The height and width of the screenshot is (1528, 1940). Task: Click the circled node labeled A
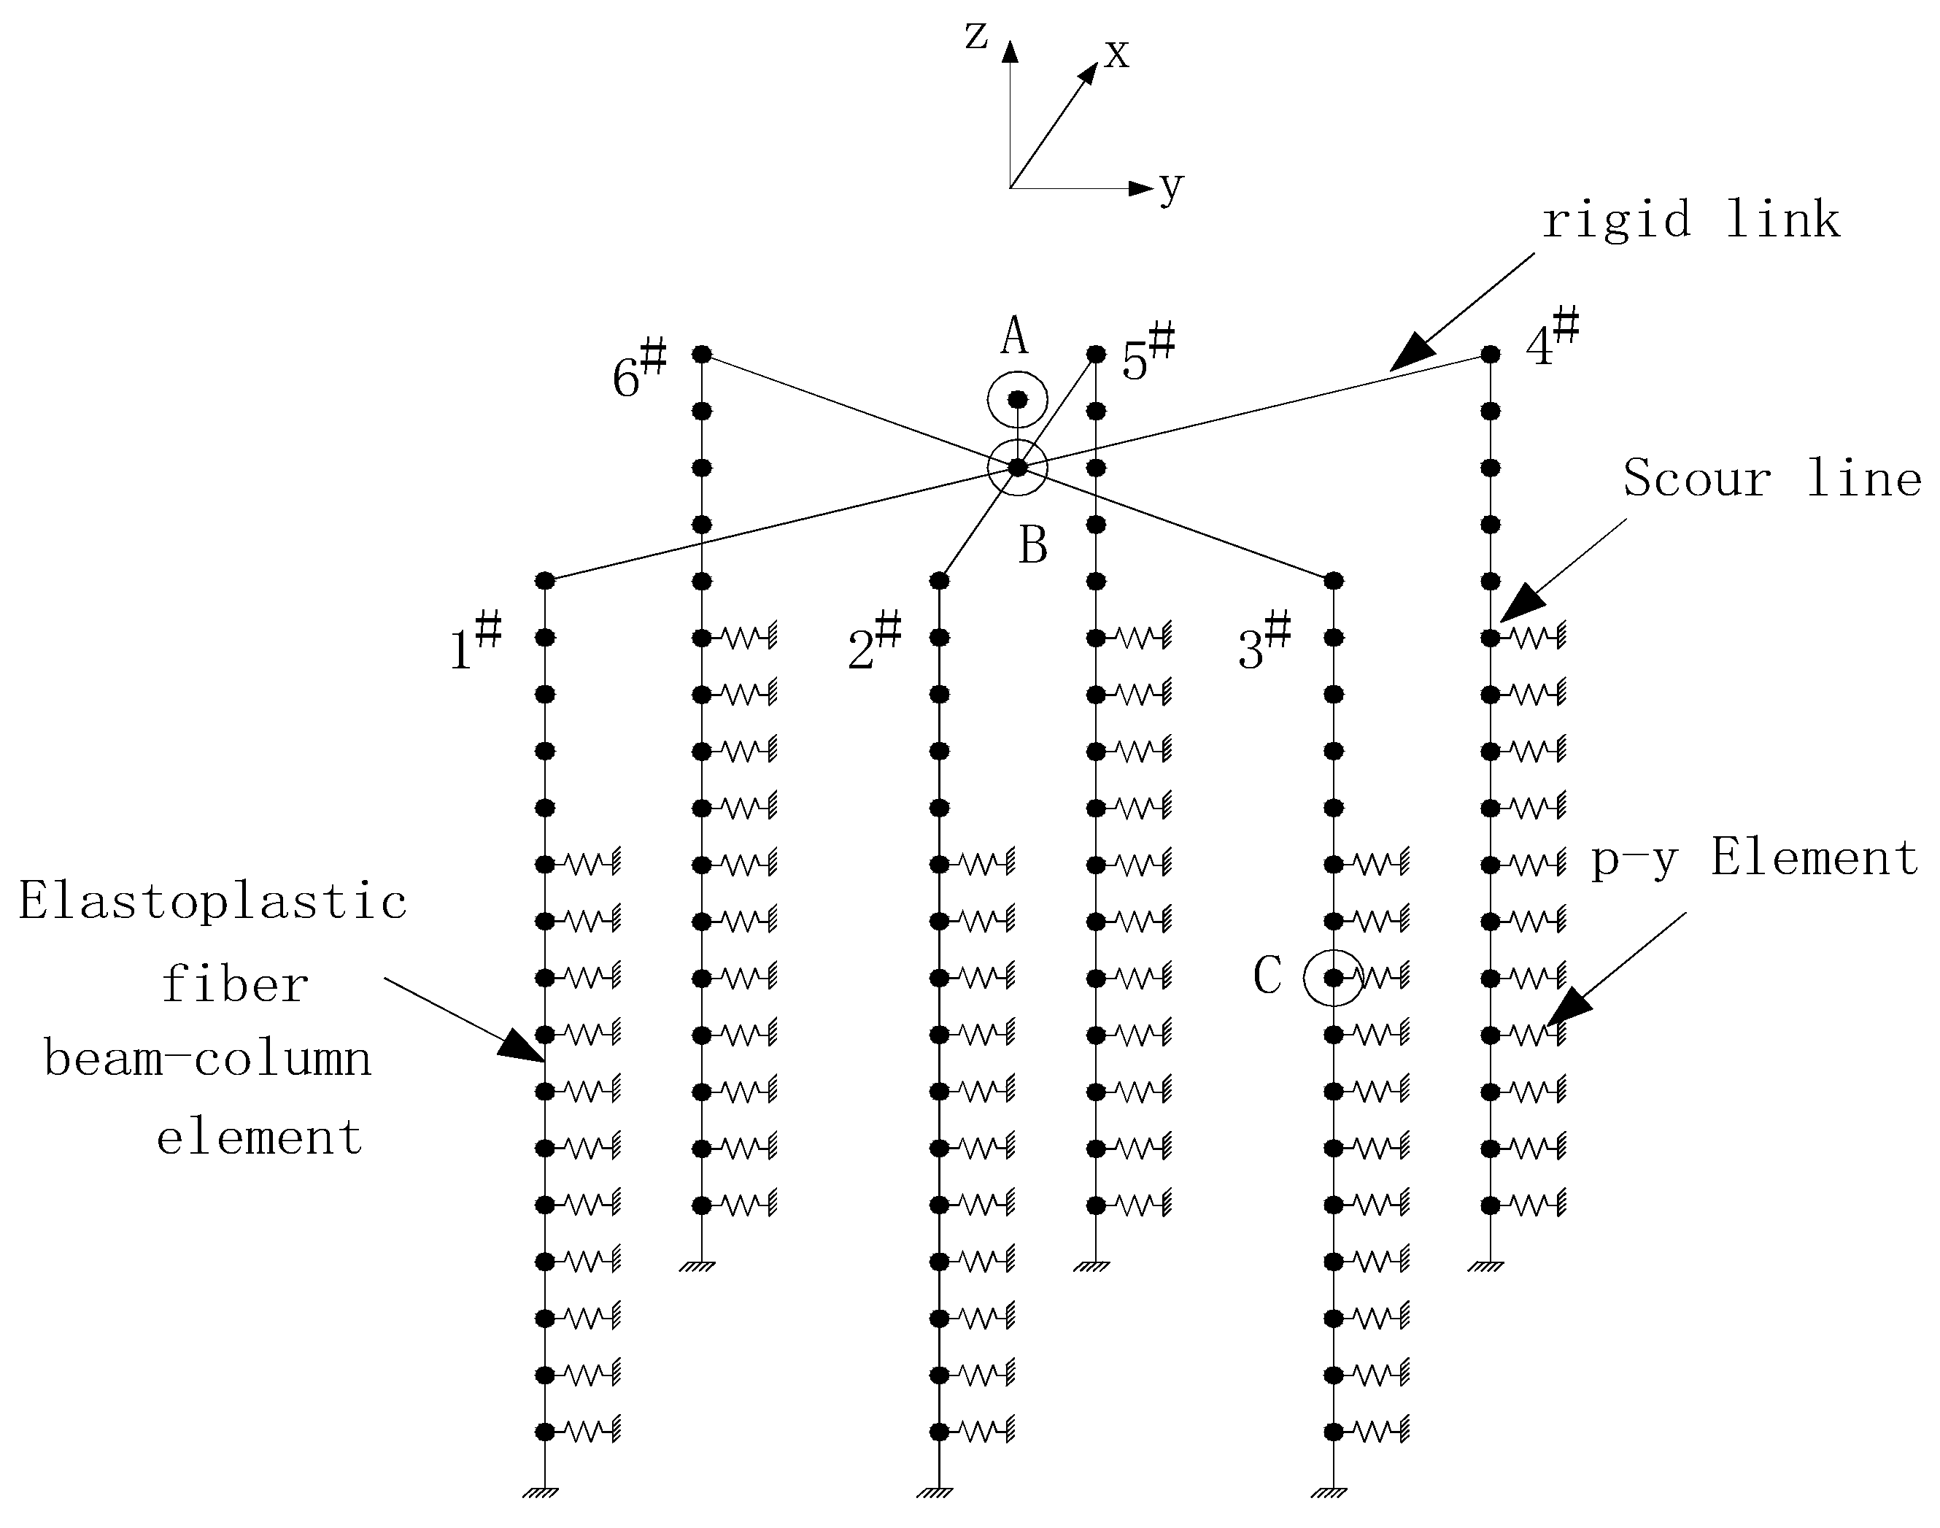(1017, 400)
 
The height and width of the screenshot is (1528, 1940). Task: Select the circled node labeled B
(1017, 467)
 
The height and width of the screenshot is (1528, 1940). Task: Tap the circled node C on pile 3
(1333, 978)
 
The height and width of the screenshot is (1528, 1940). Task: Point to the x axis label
(1116, 54)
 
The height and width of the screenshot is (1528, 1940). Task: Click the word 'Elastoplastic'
(213, 901)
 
